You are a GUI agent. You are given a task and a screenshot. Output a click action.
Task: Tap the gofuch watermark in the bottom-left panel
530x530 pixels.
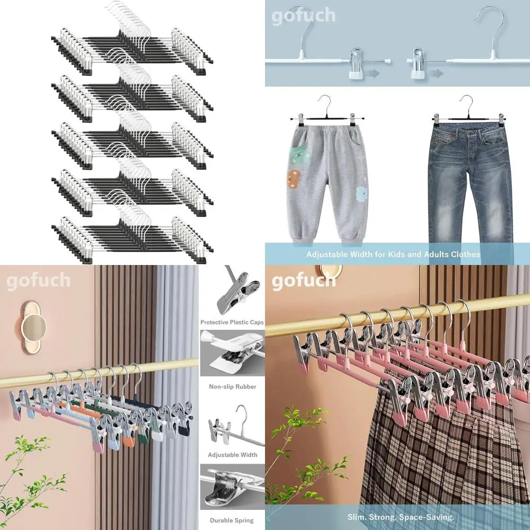tap(38, 280)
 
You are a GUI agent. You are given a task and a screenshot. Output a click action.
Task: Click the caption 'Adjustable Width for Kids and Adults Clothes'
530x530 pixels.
tap(393, 254)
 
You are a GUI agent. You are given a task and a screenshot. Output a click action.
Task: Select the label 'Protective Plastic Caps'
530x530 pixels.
tap(232, 322)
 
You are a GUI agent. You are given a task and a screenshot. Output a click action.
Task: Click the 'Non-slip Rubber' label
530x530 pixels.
tap(232, 387)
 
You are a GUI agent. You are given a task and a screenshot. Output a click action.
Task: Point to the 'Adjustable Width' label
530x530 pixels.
tap(232, 455)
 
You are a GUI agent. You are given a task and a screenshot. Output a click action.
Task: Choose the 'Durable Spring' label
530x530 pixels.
tap(232, 520)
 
